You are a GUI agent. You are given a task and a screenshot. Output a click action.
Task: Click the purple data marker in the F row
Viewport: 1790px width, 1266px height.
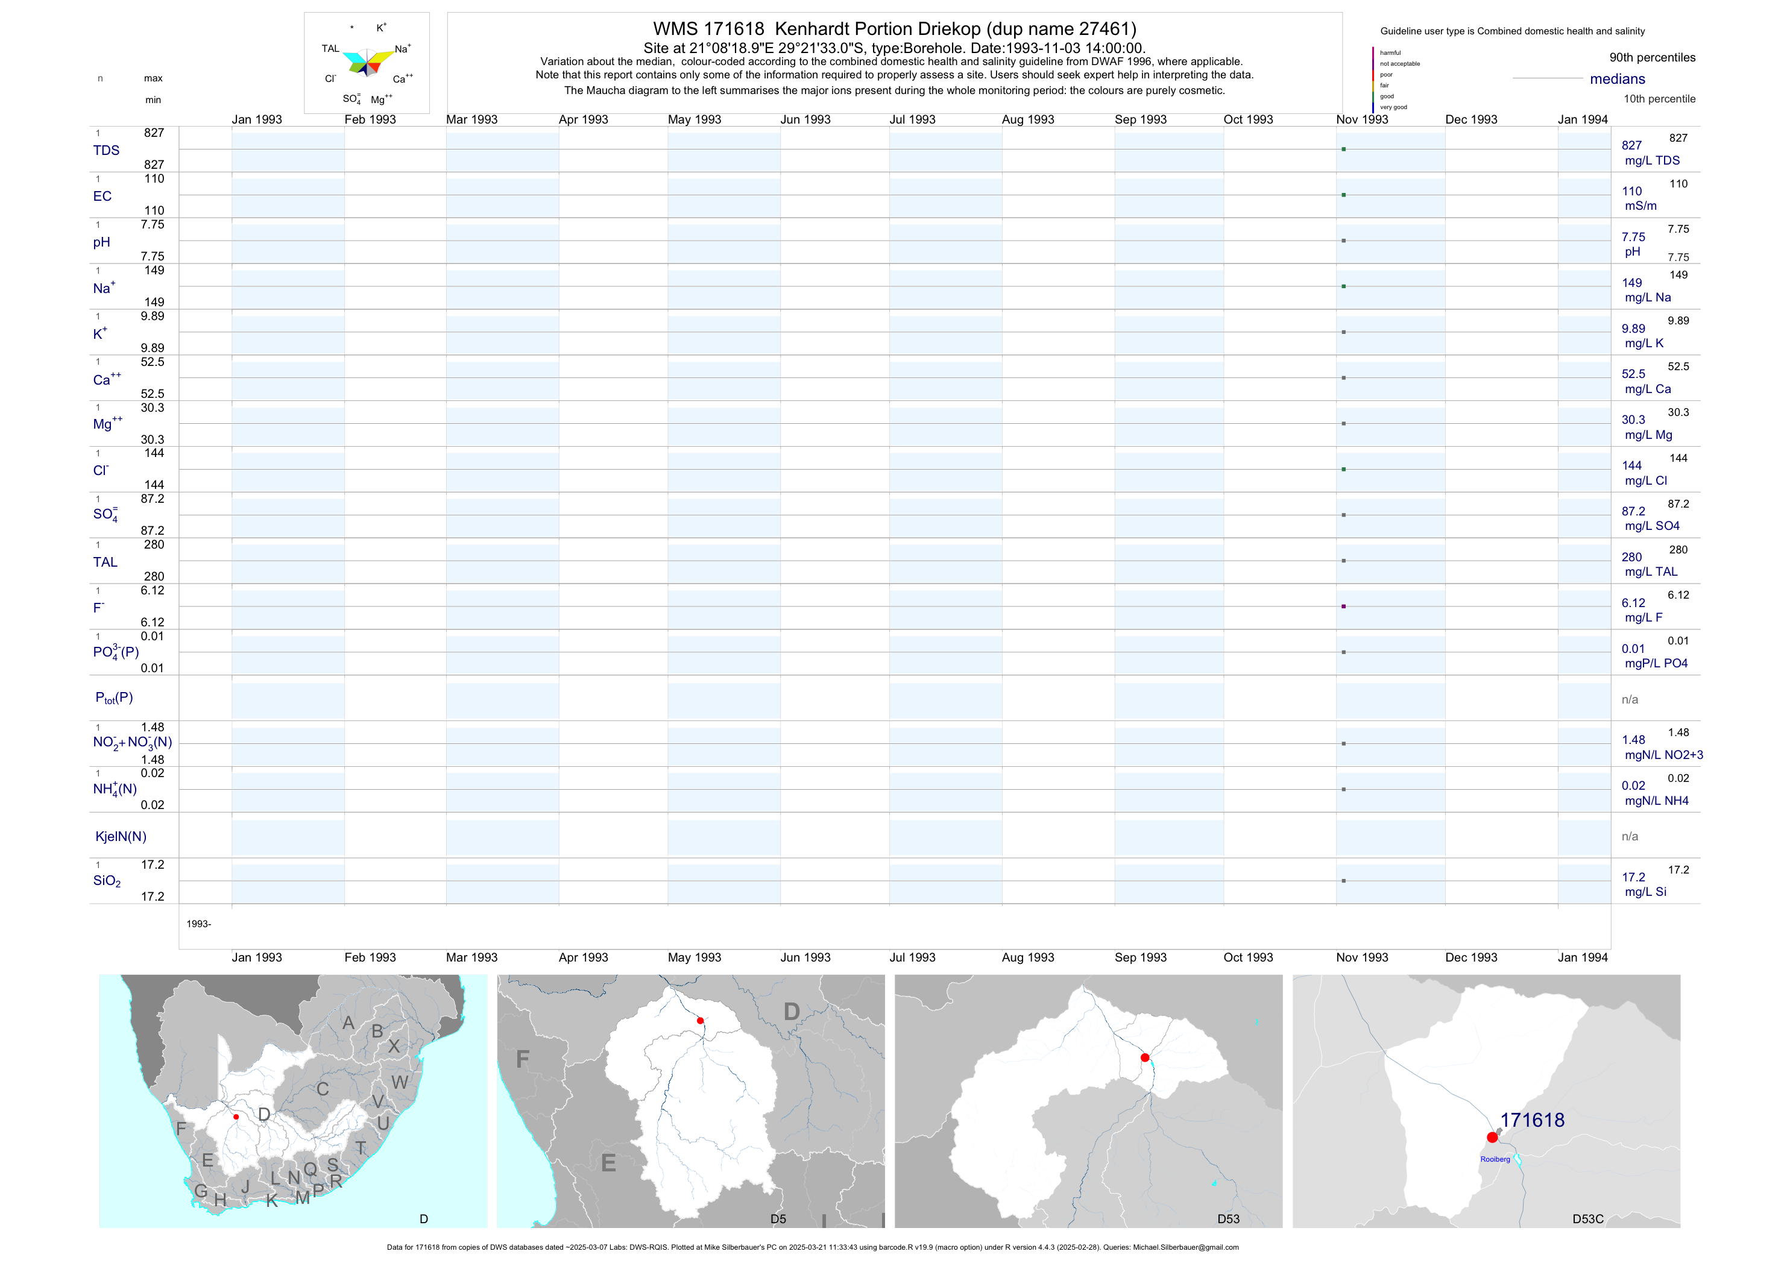(x=1343, y=606)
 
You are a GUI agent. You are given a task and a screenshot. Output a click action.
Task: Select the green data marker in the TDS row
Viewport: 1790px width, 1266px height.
(x=1343, y=149)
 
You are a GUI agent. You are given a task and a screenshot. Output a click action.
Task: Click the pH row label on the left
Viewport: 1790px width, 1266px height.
(x=101, y=242)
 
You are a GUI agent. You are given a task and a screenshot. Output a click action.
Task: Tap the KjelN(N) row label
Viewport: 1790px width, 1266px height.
(x=120, y=837)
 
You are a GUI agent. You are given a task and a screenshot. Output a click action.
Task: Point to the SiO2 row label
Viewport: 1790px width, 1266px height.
(x=107, y=881)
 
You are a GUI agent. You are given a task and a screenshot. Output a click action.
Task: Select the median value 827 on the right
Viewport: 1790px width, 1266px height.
(x=1631, y=145)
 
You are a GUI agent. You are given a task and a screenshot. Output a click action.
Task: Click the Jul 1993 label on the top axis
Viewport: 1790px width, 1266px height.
(x=912, y=119)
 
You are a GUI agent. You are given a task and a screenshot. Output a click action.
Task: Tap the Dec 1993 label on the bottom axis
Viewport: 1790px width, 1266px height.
(x=1471, y=957)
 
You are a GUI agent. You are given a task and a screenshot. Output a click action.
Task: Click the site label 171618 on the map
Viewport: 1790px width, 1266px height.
(x=1532, y=1120)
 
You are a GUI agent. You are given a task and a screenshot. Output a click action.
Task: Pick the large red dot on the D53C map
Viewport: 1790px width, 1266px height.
(x=1492, y=1138)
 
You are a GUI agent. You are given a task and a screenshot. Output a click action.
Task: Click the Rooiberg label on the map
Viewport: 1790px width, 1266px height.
(x=1495, y=1159)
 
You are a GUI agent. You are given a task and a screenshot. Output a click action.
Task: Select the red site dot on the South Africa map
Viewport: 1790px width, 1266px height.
(x=236, y=1117)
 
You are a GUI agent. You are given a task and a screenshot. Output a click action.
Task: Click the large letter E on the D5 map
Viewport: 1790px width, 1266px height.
(x=609, y=1164)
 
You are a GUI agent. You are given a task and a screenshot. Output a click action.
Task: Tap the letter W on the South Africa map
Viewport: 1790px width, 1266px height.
(x=400, y=1082)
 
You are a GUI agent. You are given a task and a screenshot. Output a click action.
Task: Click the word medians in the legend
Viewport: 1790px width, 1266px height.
(x=1618, y=79)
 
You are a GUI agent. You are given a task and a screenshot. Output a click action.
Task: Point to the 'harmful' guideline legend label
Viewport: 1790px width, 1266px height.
(x=1390, y=53)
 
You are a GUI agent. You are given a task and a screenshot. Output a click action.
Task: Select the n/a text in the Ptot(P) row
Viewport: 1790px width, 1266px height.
(x=1630, y=699)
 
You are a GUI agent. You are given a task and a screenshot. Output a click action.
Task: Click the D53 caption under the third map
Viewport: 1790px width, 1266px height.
(x=1228, y=1219)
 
